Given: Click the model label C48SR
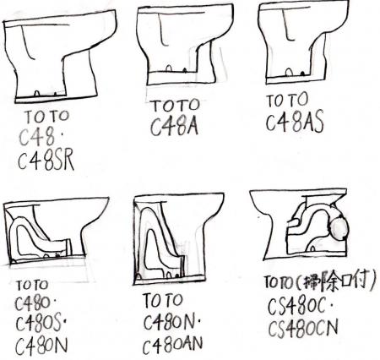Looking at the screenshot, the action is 46,160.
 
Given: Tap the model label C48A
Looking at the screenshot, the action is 174,127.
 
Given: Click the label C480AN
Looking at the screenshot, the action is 172,345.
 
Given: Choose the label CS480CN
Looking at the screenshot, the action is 303,329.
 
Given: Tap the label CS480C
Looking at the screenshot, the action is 297,307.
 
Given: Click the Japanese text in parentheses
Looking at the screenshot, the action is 339,281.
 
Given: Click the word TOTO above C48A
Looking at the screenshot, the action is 176,106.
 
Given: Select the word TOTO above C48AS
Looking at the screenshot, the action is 287,100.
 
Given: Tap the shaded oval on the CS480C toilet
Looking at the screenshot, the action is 339,227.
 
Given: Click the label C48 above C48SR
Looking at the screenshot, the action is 36,138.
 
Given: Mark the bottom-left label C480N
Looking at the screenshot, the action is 41,346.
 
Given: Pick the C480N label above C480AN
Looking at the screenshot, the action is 169,322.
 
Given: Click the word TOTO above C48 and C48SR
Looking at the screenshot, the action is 47,117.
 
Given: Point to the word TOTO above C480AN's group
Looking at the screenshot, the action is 163,301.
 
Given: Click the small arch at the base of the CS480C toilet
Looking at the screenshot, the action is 312,248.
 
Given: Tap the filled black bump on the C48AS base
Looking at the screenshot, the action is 302,74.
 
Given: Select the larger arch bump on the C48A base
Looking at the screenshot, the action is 169,68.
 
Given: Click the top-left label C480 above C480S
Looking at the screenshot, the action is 32,303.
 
